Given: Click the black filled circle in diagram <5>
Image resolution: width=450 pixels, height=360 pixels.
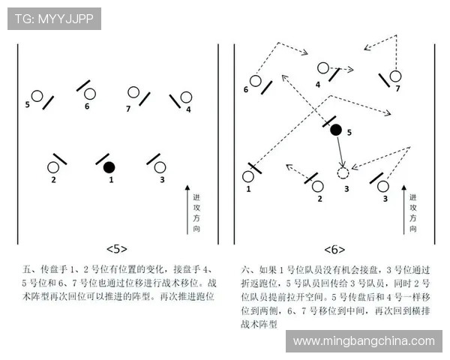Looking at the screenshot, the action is point(109,167).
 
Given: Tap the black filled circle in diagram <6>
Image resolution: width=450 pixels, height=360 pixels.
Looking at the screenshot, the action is point(336,130).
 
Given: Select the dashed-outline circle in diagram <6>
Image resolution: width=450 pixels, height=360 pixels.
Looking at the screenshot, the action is point(343,173).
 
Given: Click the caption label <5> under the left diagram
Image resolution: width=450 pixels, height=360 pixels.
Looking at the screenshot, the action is point(117,249).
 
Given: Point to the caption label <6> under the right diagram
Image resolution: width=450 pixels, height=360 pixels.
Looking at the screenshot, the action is point(334,250).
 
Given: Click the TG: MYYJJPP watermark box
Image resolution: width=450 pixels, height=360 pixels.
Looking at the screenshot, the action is point(54,19).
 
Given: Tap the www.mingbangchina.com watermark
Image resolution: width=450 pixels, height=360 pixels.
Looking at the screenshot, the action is point(364,341).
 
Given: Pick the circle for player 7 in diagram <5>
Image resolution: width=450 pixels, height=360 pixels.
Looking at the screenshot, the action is point(133,92).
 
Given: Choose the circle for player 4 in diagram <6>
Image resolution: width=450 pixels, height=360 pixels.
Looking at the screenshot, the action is point(323,68).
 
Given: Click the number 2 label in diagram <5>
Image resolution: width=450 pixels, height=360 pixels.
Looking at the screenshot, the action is point(53,180).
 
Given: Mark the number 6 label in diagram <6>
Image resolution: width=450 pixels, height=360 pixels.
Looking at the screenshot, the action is point(246,89).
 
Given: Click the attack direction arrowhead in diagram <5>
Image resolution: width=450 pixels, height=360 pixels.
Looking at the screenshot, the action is point(187,187).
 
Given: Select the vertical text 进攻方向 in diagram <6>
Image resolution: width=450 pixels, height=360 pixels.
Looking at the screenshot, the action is point(412,213).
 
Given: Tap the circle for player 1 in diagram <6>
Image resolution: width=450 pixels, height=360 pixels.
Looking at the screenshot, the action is point(248,176).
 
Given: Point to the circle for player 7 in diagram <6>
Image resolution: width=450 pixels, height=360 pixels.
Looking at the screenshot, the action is point(395,76).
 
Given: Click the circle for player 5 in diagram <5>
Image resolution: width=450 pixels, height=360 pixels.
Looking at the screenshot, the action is point(37,96).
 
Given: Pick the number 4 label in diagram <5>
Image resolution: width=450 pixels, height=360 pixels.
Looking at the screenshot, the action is point(188,109).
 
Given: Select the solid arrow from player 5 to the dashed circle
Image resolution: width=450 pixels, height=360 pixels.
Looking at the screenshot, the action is point(340,151).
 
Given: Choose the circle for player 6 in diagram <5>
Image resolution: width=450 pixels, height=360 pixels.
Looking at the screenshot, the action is point(90,94).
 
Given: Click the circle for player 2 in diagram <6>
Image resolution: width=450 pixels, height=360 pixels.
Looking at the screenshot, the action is point(317,186).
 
